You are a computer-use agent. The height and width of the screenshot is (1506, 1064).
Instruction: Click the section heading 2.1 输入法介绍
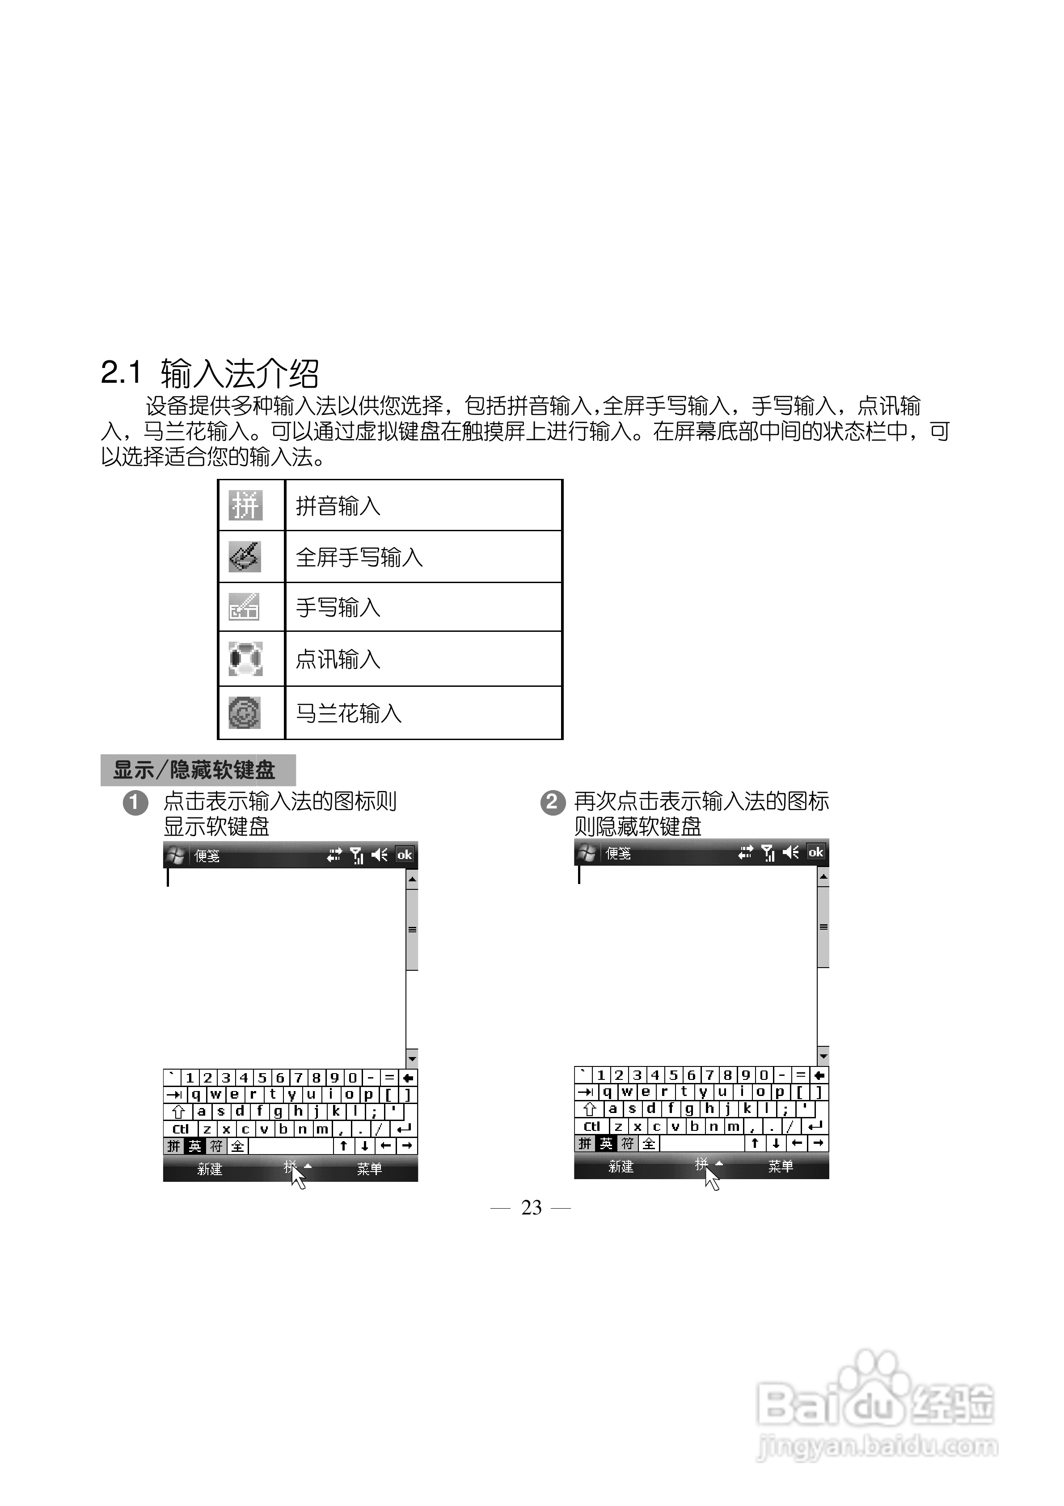point(210,373)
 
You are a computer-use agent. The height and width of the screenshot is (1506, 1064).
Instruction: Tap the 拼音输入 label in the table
point(338,506)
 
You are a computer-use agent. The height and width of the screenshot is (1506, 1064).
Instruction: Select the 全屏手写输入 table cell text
point(359,557)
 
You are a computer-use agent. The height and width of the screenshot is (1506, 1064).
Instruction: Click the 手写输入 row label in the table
point(338,607)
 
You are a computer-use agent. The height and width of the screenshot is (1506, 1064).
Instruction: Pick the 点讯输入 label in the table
point(338,659)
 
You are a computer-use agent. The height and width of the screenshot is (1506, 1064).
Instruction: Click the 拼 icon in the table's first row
point(245,506)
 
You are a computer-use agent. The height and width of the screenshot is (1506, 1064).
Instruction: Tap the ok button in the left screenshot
point(405,855)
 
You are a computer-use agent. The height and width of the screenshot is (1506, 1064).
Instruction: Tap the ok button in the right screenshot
point(816,852)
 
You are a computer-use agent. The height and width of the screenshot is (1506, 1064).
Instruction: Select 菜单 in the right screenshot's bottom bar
point(781,1166)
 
